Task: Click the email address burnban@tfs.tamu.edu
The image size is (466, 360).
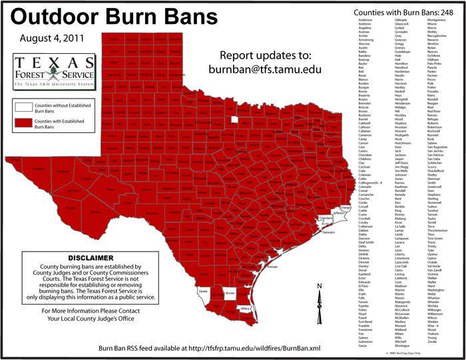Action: tap(268, 69)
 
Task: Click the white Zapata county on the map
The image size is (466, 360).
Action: tap(204, 291)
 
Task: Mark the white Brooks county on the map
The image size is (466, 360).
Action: tap(230, 293)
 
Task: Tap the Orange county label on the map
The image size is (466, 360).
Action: tap(345, 208)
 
